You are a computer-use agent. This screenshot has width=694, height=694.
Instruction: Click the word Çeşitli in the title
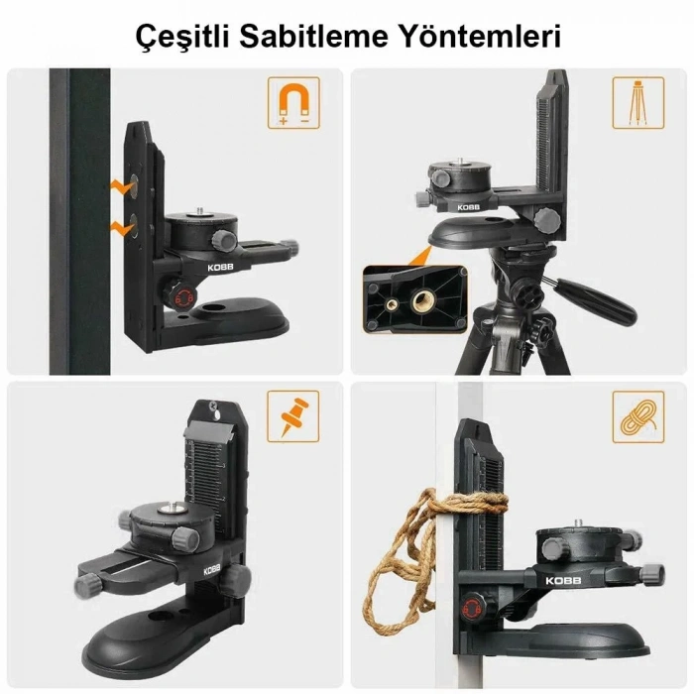click(180, 37)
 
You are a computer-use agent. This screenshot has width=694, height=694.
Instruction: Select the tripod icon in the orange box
click(637, 102)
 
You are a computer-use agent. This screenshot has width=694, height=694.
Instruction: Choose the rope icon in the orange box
click(637, 415)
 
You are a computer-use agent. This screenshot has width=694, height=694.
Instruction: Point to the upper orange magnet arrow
click(123, 183)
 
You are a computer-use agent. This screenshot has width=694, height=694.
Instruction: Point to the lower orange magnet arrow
click(123, 227)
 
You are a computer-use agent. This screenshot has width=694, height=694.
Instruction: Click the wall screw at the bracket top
click(212, 404)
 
